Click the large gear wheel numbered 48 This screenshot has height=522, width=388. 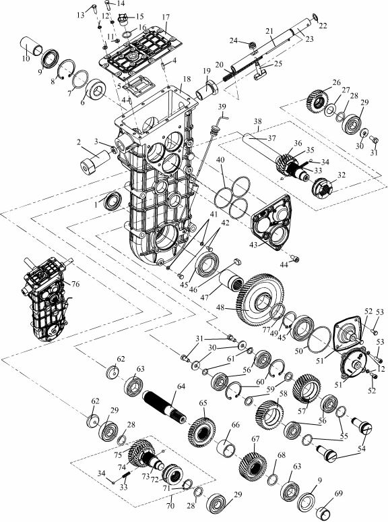click(x=261, y=300)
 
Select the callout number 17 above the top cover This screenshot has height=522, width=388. click(x=166, y=17)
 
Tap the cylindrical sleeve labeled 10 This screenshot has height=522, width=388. click(x=32, y=46)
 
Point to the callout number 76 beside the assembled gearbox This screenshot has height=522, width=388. click(x=75, y=284)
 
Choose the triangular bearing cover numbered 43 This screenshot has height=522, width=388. click(x=271, y=222)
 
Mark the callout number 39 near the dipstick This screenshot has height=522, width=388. click(x=222, y=107)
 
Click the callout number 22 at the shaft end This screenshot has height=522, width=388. click(x=323, y=26)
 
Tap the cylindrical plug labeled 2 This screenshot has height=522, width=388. click(x=96, y=161)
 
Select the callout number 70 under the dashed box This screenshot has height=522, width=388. click(x=170, y=506)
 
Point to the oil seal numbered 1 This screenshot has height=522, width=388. click(x=112, y=201)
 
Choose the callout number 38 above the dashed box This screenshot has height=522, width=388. click(x=258, y=121)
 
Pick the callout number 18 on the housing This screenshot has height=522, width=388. click(x=187, y=79)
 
